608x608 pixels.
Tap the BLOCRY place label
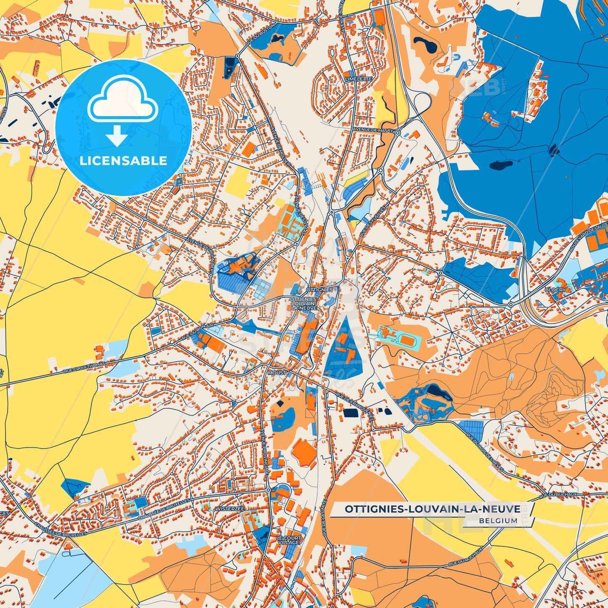click(x=555, y=290)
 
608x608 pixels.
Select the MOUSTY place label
click(x=278, y=373)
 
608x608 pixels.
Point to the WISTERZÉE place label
click(x=229, y=509)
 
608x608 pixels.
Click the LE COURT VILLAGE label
click(x=289, y=540)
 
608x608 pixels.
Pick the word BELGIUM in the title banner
click(x=498, y=520)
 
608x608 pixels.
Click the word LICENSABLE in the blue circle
click(x=124, y=161)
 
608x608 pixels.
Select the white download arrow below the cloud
click(x=117, y=138)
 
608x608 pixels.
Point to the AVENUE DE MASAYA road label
click(x=374, y=130)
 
